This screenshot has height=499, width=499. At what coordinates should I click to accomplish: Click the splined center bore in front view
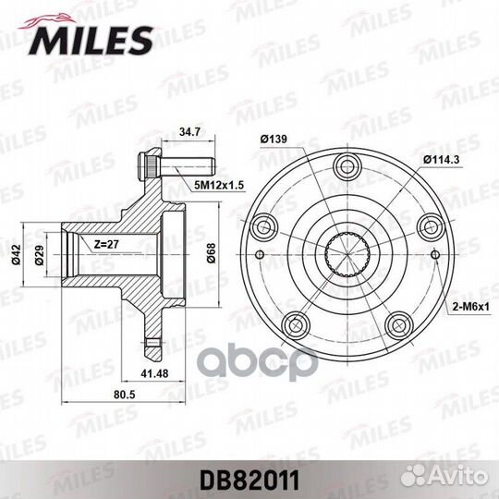click(x=347, y=254)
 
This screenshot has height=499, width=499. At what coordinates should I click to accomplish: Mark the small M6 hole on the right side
click(x=436, y=254)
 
